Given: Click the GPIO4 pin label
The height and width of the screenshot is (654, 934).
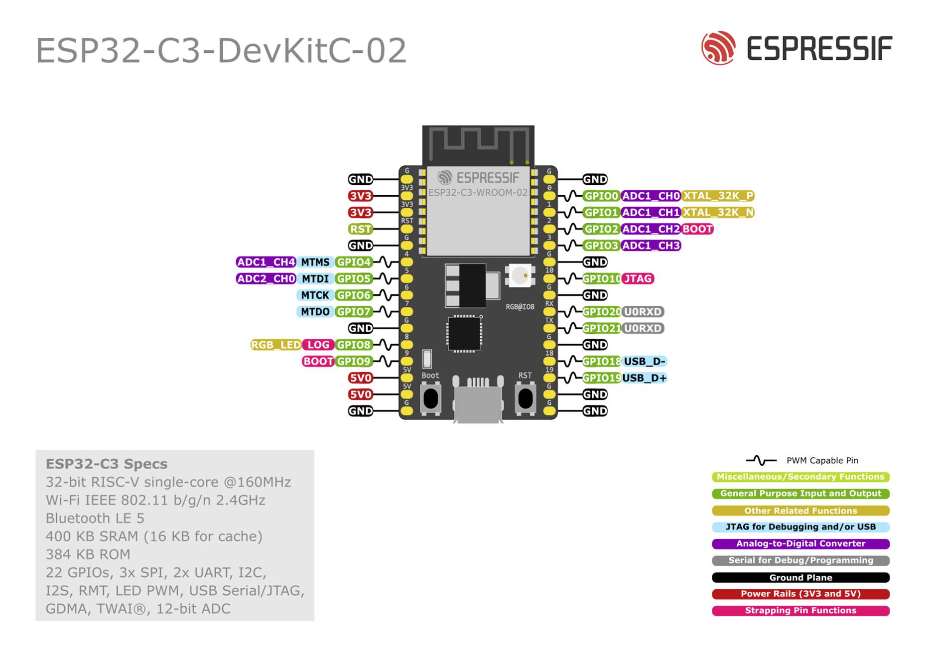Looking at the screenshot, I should pos(353,262).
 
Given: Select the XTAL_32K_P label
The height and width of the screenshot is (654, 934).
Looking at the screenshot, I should pos(718,196).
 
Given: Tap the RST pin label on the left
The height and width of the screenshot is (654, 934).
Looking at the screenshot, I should pos(360,229).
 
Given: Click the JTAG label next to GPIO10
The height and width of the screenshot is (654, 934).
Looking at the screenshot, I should pos(638,279).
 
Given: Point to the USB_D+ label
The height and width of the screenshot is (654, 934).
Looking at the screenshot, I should pos(644,378).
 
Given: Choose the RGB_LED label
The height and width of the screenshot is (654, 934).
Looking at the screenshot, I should pos(275,345).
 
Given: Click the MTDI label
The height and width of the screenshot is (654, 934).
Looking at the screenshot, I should pos(315,279).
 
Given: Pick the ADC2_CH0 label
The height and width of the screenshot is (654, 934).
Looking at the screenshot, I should pos(266,279).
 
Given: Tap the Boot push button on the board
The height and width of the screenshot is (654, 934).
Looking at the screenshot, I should pos(430,398).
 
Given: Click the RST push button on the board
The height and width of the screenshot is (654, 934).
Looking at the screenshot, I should pos(525,398).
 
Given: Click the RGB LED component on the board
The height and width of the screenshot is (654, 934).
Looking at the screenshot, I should pos(520,275).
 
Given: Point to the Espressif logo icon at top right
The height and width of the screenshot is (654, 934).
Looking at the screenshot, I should pos(718,48).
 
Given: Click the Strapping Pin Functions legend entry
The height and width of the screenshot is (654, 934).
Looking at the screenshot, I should pos(801,611).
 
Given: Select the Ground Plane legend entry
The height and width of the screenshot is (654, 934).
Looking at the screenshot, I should pos(801,578).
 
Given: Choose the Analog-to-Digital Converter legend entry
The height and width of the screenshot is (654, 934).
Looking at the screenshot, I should pos(801,544).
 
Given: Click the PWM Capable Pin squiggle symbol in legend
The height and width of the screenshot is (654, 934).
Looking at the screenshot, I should pos(761,460).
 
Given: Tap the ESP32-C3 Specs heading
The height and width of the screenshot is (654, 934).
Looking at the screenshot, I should pos(107,464).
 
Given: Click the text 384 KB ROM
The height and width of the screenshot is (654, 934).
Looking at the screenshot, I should pos(88,554).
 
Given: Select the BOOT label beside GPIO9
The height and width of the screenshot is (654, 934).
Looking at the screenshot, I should pos(318,362).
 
